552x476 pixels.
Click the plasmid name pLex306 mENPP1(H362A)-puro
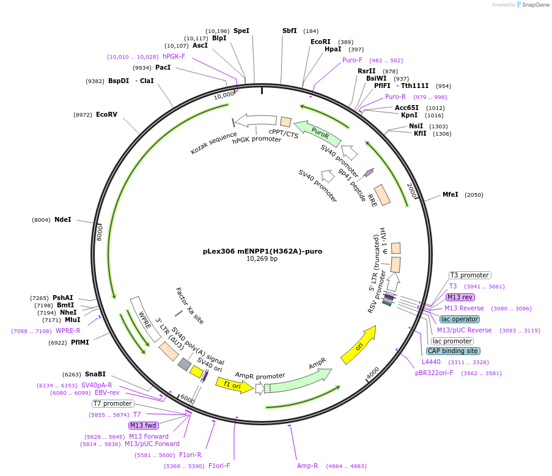tap(262, 251)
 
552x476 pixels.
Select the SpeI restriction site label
tap(241, 31)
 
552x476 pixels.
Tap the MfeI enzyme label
tap(451, 194)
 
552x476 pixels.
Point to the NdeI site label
tap(63, 219)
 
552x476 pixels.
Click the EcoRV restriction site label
tap(106, 114)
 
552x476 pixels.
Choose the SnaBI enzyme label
tap(95, 374)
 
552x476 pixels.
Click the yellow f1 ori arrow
tap(234, 386)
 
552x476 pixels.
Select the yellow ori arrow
tap(358, 345)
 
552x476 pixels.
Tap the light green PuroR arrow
tap(317, 133)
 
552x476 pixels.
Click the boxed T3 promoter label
tap(470, 275)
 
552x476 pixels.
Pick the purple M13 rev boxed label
tap(460, 298)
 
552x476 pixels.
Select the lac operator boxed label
tap(460, 319)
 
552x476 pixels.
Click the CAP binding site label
tap(453, 351)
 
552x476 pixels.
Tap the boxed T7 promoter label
tap(113, 403)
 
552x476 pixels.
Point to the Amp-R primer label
tap(307, 466)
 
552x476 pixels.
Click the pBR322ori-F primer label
tap(434, 373)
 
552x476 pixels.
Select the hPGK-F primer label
tap(174, 56)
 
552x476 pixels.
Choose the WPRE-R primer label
tap(68, 331)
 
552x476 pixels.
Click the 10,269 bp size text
tap(262, 259)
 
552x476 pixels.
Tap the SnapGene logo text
tap(535, 4)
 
